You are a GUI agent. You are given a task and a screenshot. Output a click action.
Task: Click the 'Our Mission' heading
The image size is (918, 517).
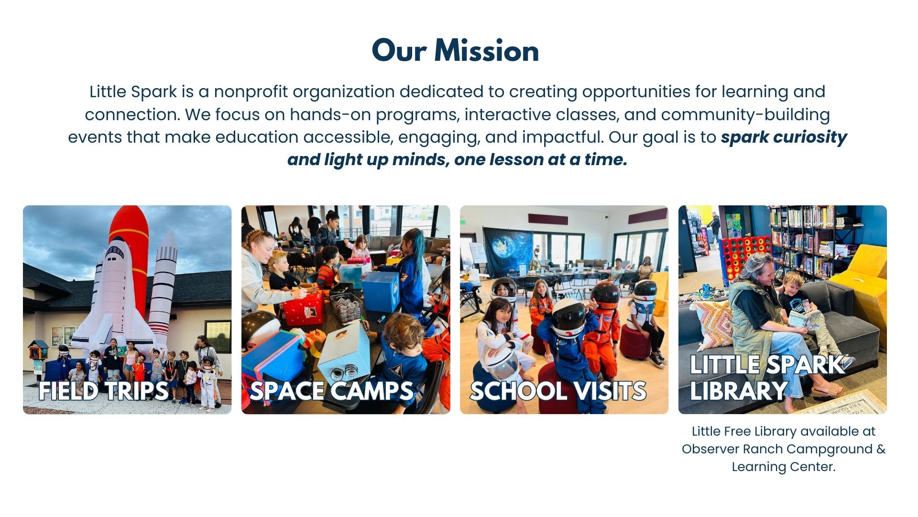pyautogui.click(x=455, y=51)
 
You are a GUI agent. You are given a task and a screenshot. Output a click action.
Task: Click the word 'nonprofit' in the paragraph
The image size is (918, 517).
pyautogui.click(x=251, y=91)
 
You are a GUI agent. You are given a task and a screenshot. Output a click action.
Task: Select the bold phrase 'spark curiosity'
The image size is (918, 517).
pyautogui.click(x=784, y=137)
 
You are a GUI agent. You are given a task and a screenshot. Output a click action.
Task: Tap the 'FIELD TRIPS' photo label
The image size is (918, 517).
pyautogui.click(x=104, y=391)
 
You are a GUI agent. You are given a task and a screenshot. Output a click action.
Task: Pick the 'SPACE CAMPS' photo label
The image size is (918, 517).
pyautogui.click(x=331, y=391)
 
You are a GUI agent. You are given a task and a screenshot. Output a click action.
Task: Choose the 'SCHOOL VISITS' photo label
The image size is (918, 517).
pyautogui.click(x=558, y=391)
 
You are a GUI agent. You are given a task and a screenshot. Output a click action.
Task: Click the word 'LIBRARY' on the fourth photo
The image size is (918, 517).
pyautogui.click(x=739, y=391)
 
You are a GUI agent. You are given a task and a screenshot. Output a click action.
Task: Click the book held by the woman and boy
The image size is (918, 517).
pyautogui.click(x=803, y=318)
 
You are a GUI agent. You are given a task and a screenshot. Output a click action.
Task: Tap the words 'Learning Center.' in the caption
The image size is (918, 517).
pyautogui.click(x=784, y=467)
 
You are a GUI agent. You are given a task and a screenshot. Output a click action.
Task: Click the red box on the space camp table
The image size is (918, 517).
pyautogui.click(x=304, y=309)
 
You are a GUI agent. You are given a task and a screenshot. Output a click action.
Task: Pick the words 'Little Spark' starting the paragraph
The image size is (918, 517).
pyautogui.click(x=133, y=91)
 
